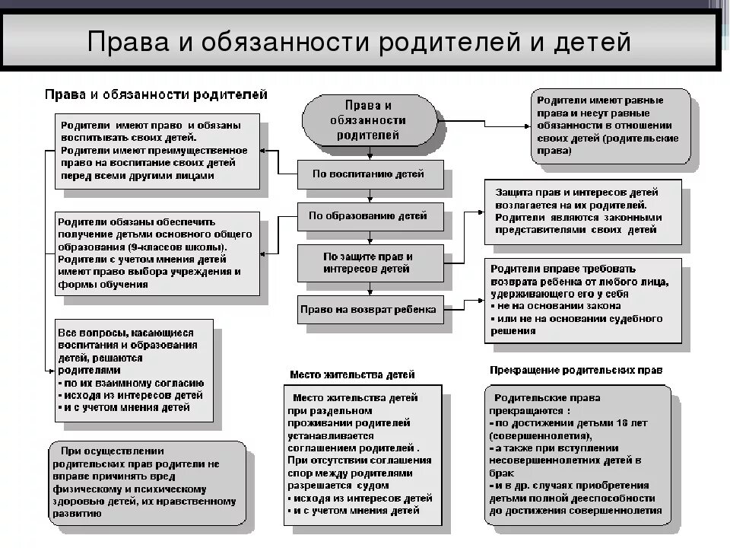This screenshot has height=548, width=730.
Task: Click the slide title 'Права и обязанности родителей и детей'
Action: coord(359,41)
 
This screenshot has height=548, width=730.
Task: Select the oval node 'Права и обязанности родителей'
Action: coord(369,121)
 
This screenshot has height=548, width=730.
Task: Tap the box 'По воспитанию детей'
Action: coord(369,174)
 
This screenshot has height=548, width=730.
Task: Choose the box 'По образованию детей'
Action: coord(369,215)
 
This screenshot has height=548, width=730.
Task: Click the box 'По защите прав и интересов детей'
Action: coord(369,263)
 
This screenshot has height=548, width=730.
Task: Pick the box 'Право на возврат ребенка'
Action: coord(369,310)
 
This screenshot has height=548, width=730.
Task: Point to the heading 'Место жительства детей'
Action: coord(352,375)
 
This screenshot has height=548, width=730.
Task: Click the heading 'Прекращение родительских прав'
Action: coord(576,370)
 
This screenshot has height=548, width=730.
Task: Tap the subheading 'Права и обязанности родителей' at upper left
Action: coord(155,94)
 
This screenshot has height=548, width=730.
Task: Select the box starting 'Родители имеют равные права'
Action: coord(610,126)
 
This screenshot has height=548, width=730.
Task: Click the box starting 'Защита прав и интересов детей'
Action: coord(582,211)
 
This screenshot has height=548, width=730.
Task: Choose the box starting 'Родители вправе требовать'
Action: coord(582,300)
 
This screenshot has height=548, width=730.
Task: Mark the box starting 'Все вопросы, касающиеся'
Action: coord(133,370)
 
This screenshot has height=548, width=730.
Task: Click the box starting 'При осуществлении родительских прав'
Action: coord(146,482)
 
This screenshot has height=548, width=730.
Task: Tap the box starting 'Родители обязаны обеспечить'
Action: coord(157,253)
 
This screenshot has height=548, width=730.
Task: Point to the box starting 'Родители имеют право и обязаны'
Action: coord(157,151)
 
